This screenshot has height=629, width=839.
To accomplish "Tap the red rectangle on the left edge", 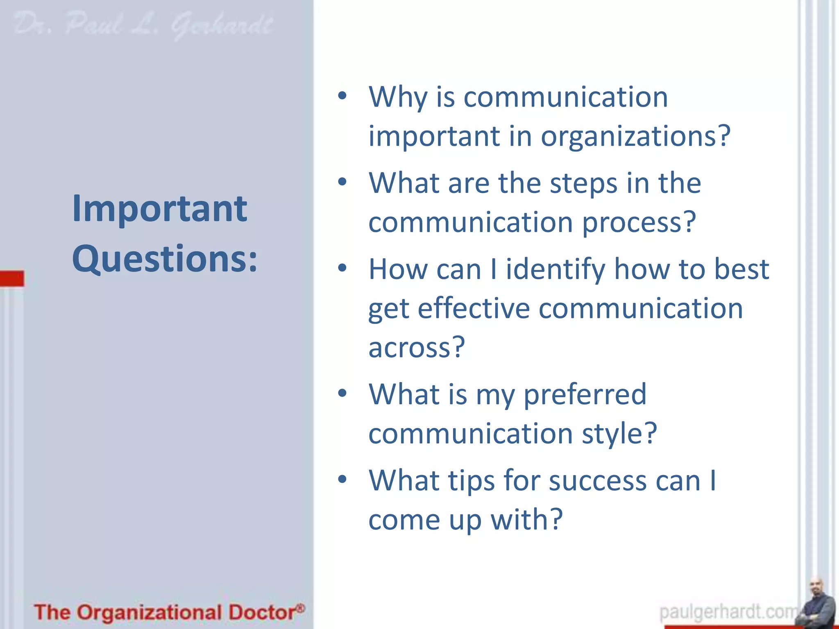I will (x=12, y=278).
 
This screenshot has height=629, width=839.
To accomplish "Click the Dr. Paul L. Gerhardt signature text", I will (x=143, y=25).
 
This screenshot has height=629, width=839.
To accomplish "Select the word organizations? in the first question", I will (x=635, y=136).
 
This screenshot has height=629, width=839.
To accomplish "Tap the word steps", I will (x=583, y=183).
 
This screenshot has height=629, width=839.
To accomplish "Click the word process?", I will (x=639, y=222).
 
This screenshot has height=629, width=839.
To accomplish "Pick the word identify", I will (x=555, y=270).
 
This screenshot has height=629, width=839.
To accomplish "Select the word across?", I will (x=417, y=347).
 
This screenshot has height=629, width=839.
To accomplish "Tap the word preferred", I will (x=585, y=395).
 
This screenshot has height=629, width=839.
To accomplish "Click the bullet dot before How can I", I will (x=342, y=268).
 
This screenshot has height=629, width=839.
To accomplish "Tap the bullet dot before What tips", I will (x=342, y=479).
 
